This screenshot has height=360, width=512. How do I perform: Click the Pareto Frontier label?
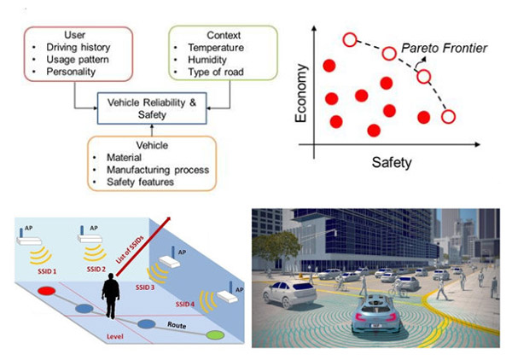tap(446, 49)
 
